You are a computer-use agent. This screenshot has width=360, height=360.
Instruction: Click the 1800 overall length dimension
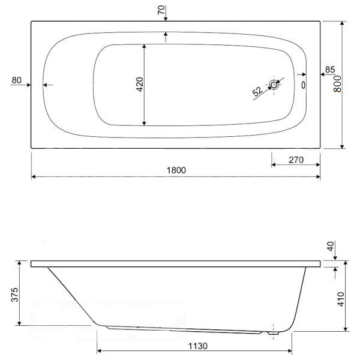click(176, 170)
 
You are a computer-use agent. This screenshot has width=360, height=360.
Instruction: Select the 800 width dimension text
click(337, 84)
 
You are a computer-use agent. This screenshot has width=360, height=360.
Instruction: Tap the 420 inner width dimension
click(140, 84)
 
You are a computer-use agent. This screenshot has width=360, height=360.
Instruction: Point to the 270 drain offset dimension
click(296, 160)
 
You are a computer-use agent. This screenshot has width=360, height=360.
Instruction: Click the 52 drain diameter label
click(257, 91)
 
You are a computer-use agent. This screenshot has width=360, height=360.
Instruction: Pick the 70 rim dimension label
click(161, 10)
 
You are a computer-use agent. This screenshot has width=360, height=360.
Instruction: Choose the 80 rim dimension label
click(17, 80)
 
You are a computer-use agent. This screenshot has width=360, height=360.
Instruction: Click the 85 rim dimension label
click(330, 70)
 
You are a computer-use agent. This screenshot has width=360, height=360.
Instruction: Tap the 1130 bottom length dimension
click(198, 346)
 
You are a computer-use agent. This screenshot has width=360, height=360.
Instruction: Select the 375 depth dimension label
click(14, 295)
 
